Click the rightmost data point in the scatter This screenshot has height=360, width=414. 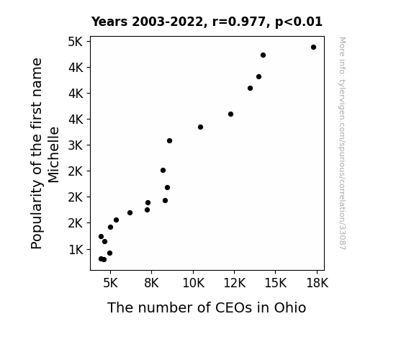[313, 48]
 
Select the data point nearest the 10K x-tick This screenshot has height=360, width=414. [200, 127]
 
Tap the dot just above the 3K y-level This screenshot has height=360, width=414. [169, 141]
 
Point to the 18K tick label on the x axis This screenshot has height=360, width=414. [317, 283]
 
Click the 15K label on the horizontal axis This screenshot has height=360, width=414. [276, 283]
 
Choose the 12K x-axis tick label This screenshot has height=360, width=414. [235, 283]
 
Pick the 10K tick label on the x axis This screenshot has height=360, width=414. [193, 283]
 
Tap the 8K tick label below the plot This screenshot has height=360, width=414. [152, 283]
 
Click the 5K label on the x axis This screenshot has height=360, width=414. [110, 283]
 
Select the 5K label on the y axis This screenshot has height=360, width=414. [76, 42]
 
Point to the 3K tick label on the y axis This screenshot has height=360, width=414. [76, 145]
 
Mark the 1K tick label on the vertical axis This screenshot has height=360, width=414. [76, 249]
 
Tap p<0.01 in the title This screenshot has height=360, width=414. [299, 22]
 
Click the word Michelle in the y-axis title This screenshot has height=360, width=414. [53, 155]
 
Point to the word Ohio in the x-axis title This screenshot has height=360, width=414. [290, 307]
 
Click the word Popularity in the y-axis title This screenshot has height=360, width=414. [37, 215]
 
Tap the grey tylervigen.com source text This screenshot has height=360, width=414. [343, 143]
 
